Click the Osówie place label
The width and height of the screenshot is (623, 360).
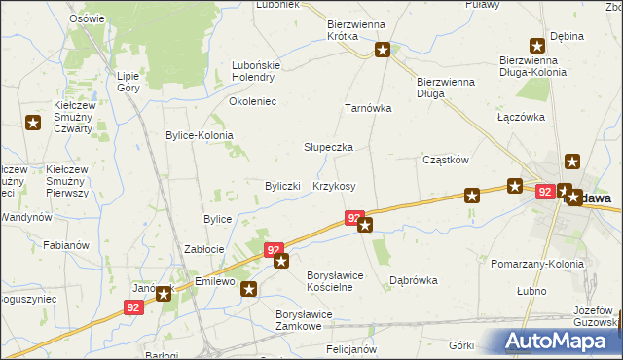pyautogui.click(x=88, y=18)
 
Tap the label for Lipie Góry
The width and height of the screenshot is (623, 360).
pyautogui.click(x=128, y=81)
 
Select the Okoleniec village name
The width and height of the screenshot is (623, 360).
pyautogui.click(x=252, y=100)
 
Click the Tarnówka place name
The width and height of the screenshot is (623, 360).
pyautogui.click(x=368, y=108)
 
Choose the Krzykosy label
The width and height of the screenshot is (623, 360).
pyautogui.click(x=334, y=186)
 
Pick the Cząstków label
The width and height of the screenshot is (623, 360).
pyautogui.click(x=447, y=160)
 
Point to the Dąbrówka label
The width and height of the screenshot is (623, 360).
pyautogui.click(x=413, y=279)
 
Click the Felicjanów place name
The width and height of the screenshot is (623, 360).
pyautogui.click(x=351, y=348)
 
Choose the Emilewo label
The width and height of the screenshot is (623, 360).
pyautogui.click(x=216, y=281)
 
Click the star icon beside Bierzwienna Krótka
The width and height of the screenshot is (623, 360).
pyautogui.click(x=384, y=49)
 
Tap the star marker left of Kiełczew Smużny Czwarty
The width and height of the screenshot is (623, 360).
pyautogui.click(x=33, y=123)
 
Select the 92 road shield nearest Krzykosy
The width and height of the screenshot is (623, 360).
pyautogui.click(x=354, y=219)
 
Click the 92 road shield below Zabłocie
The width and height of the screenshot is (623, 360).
pyautogui.click(x=275, y=250)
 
